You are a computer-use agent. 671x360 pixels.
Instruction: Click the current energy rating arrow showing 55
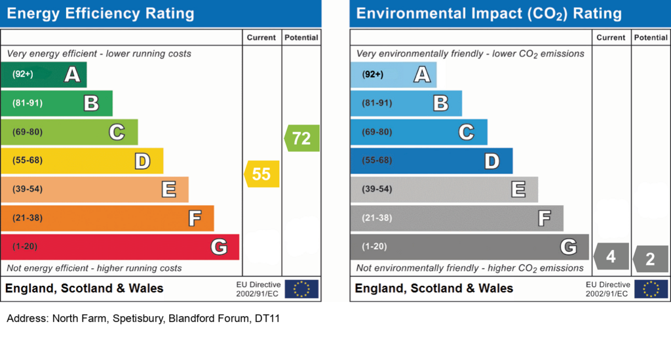(x=262, y=174)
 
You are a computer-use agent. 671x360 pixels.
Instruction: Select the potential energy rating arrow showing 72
(x=302, y=138)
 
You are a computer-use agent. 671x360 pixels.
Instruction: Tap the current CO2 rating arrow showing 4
(x=611, y=256)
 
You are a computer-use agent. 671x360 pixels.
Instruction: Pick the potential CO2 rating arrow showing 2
(x=651, y=259)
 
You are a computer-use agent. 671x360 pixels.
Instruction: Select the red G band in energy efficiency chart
(x=120, y=247)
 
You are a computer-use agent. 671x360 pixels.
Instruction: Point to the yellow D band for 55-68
(x=82, y=161)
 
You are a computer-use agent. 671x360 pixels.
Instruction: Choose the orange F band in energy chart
(x=107, y=218)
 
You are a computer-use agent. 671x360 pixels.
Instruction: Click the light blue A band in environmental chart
(x=393, y=75)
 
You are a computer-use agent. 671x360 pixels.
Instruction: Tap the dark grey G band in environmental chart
(x=469, y=247)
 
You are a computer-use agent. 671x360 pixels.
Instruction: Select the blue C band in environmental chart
(x=419, y=132)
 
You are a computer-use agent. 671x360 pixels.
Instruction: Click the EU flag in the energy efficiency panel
(x=301, y=289)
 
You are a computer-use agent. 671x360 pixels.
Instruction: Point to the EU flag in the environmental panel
(x=651, y=289)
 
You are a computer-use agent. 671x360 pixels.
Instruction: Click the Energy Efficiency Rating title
(x=100, y=14)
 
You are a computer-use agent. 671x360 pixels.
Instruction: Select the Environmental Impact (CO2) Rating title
(x=489, y=14)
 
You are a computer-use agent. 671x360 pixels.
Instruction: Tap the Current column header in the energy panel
(x=261, y=38)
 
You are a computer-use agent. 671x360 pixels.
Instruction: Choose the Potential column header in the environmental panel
(x=651, y=38)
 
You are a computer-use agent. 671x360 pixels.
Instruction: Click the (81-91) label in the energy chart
(x=28, y=103)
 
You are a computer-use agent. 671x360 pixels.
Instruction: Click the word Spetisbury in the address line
(x=138, y=319)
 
